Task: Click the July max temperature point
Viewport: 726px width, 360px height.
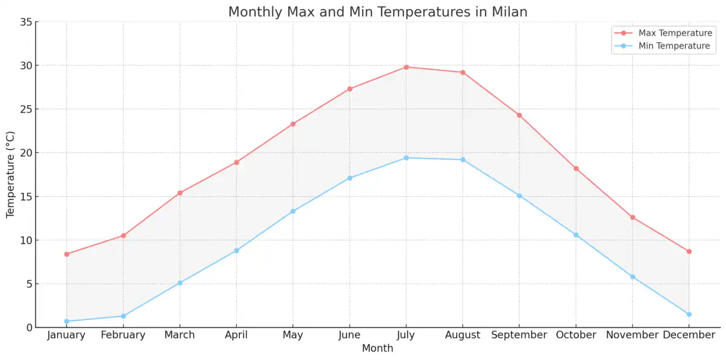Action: pos(406,67)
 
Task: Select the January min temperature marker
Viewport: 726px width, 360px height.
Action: pos(66,321)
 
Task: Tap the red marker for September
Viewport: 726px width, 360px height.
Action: pos(519,115)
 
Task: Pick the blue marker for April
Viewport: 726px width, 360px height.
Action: pos(237,251)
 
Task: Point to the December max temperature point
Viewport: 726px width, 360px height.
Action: pos(689,251)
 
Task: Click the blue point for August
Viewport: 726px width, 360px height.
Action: pos(463,160)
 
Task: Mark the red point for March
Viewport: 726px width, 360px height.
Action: pos(180,193)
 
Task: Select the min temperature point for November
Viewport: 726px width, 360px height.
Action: pos(632,277)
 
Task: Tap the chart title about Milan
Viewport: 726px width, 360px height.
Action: pos(378,12)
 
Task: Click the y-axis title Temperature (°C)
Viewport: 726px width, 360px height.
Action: pos(10,175)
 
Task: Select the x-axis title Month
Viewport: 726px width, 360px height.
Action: pos(378,348)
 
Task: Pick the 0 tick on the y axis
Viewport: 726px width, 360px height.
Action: pos(28,328)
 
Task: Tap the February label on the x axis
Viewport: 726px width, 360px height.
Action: pos(123,335)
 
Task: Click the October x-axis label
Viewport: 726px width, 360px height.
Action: pos(576,335)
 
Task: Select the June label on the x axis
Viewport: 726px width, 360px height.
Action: pos(349,335)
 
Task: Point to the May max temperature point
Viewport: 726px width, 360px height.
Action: pos(293,124)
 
